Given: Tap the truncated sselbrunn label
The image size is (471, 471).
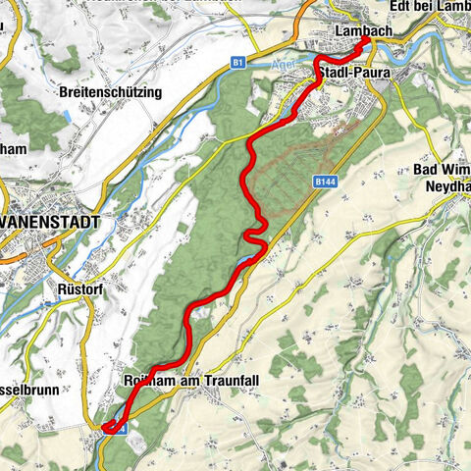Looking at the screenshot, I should [x=29, y=389].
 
